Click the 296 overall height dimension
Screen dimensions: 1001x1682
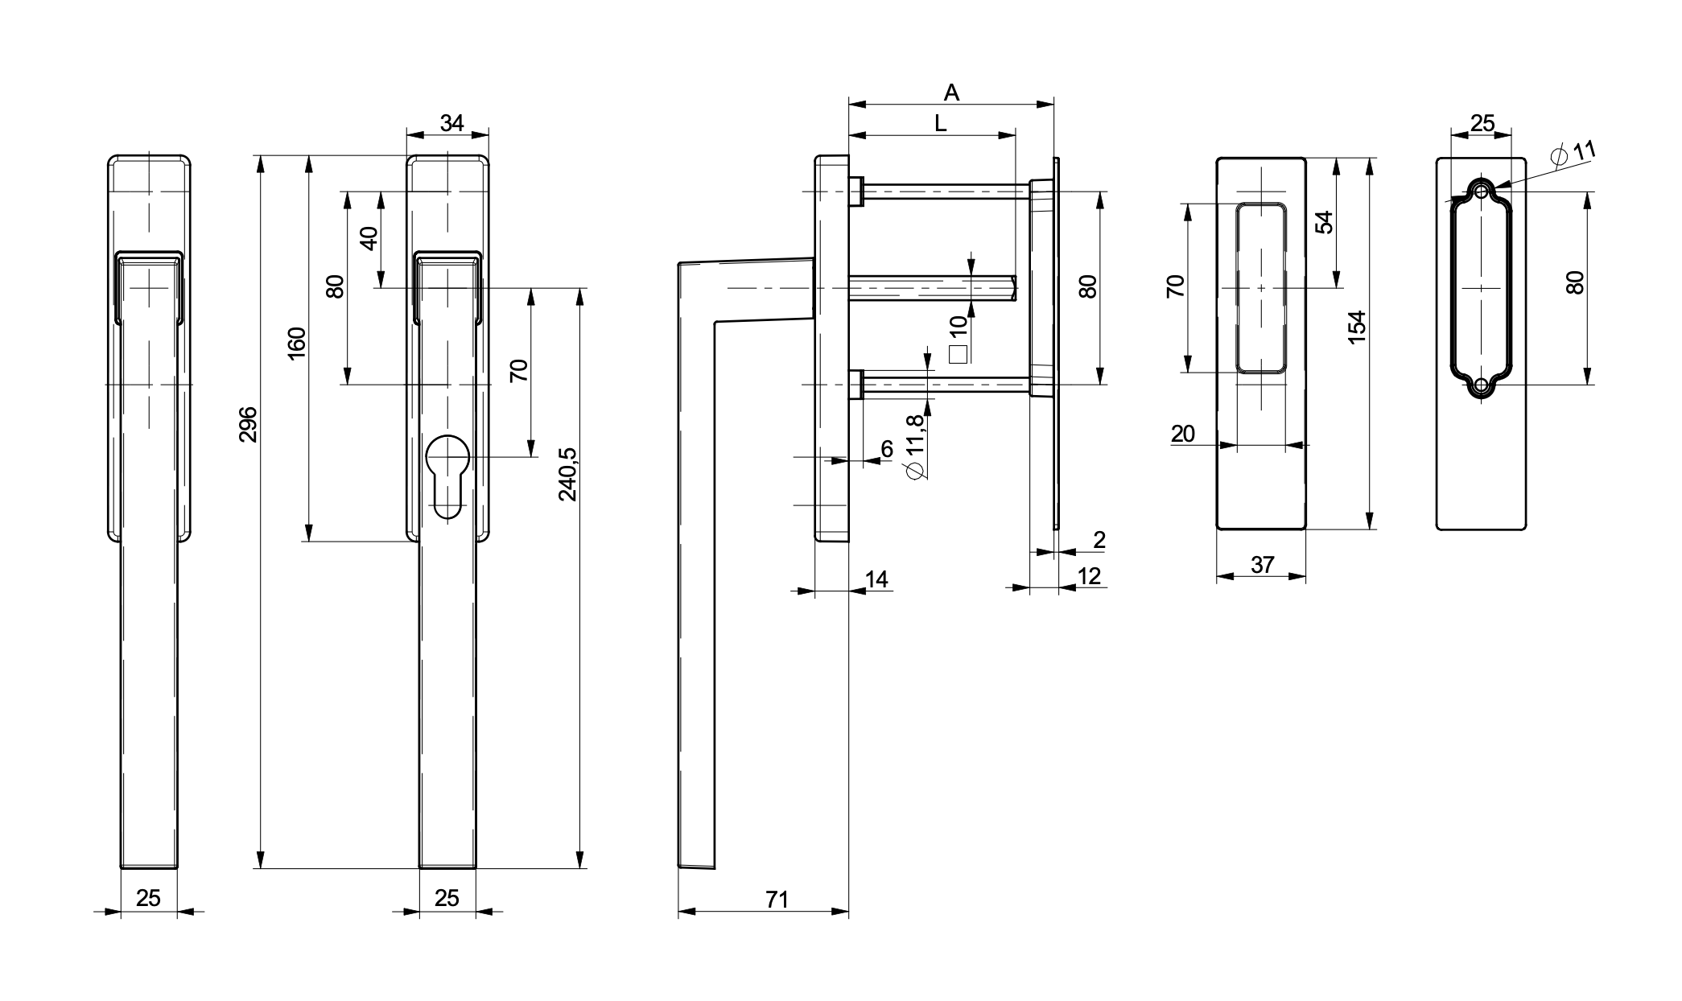pos(249,424)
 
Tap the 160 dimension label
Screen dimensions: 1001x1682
pos(297,343)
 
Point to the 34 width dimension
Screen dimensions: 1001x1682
pos(452,123)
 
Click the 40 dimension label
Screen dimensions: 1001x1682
pos(369,238)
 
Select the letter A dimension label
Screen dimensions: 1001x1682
pos(951,93)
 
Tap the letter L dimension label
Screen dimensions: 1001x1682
pos(939,124)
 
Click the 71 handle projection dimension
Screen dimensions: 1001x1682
pos(777,900)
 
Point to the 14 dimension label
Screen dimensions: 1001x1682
pos(876,579)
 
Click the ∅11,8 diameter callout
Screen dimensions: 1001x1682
pos(916,447)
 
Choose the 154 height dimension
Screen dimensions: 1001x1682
pos(1357,327)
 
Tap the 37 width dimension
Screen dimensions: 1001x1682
pos(1263,565)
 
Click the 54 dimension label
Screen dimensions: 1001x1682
pos(1324,222)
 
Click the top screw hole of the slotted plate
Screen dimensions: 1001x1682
pos(1481,192)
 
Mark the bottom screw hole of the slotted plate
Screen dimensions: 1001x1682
pos(1481,385)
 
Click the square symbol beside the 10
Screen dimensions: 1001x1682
pos(958,353)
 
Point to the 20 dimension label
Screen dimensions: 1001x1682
pos(1183,435)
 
